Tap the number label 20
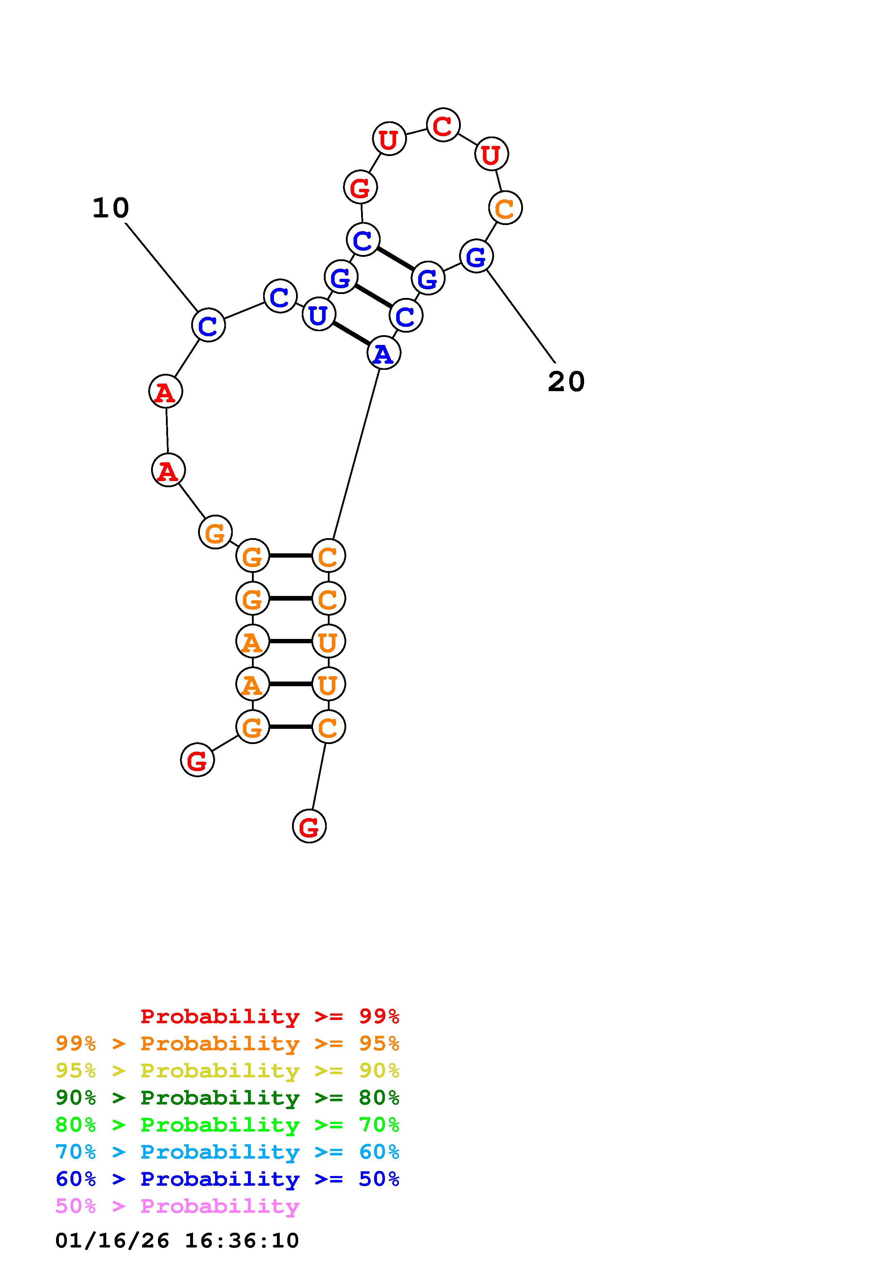[566, 381]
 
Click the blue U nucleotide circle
[318, 315]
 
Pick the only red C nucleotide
[443, 125]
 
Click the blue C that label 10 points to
[208, 325]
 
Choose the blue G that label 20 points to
[476, 256]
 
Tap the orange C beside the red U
[505, 208]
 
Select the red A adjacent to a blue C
[166, 392]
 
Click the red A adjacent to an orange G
[168, 470]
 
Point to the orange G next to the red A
[215, 532]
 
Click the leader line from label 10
[162, 268]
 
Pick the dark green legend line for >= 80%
[227, 1098]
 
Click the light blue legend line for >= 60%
[227, 1152]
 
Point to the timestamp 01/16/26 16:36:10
[177, 1241]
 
